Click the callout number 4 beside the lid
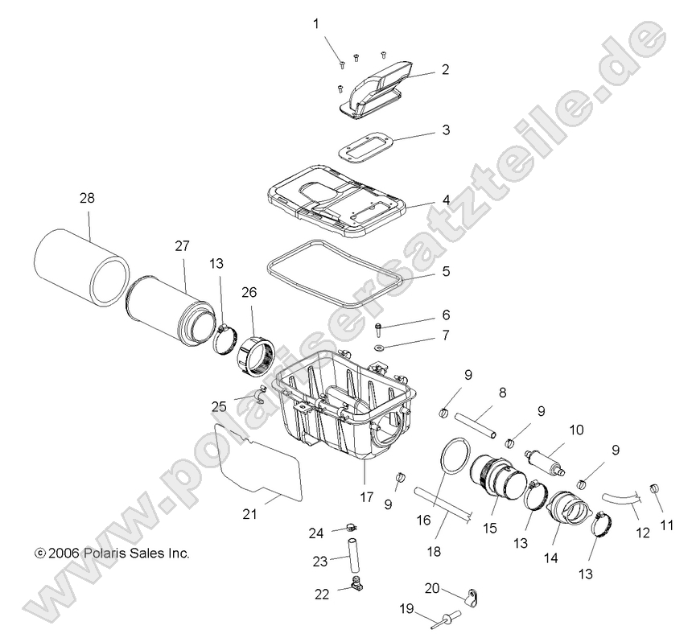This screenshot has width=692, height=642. [445, 200]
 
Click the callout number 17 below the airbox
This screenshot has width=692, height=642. [367, 498]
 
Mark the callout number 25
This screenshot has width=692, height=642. [220, 407]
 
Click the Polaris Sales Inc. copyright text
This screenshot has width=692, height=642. [112, 554]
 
